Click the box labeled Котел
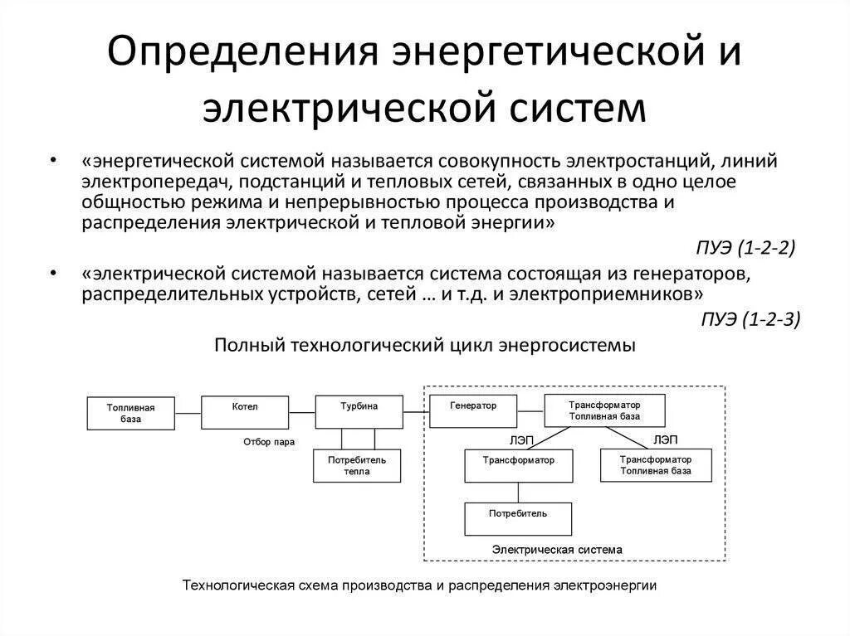pyautogui.click(x=245, y=412)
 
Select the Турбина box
pyautogui.click(x=359, y=412)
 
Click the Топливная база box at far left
pyautogui.click(x=130, y=413)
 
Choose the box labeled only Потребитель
pyautogui.click(x=518, y=518)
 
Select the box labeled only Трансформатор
pyautogui.click(x=518, y=465)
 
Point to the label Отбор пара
pyautogui.click(x=269, y=442)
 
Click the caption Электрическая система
pyautogui.click(x=556, y=549)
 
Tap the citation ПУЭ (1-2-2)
pyautogui.click(x=745, y=248)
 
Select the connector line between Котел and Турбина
pyautogui.click(x=302, y=406)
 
